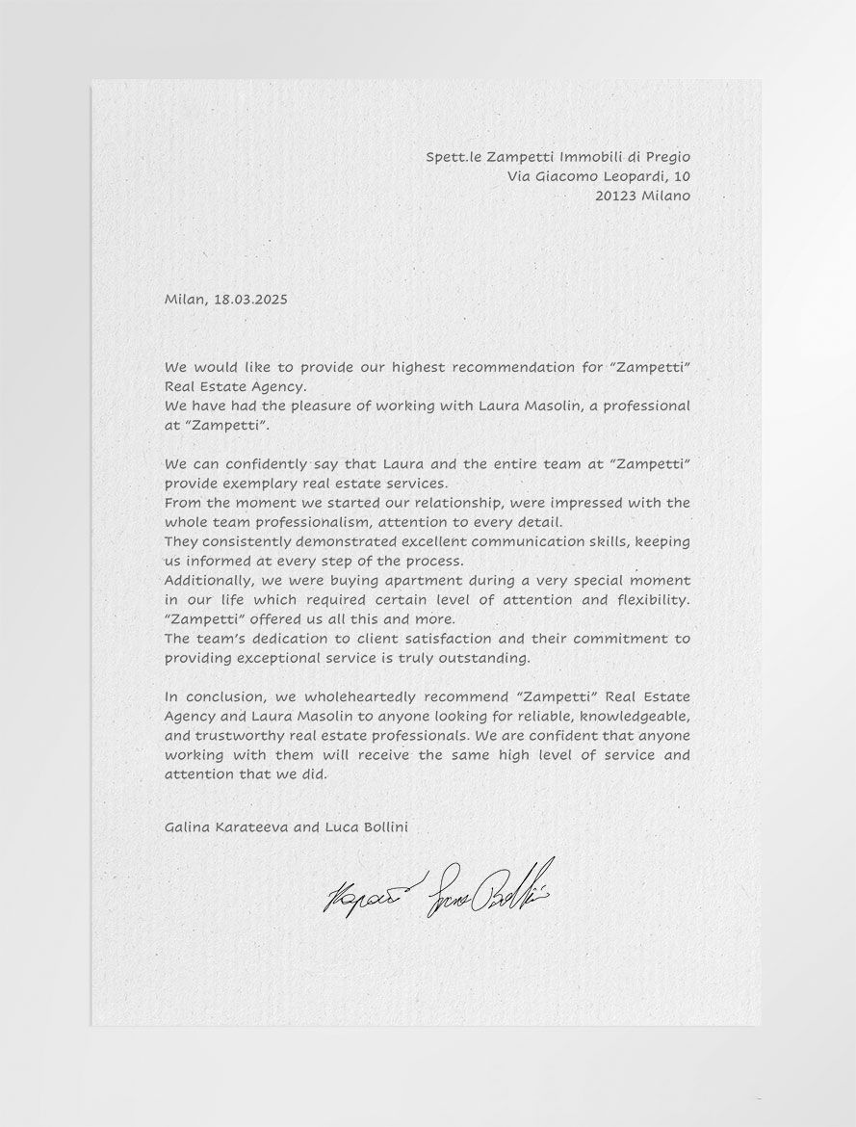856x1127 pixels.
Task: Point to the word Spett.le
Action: click(454, 157)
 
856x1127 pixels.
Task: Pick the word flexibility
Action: click(652, 600)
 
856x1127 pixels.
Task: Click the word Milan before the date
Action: click(185, 300)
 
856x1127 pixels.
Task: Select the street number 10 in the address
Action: click(682, 176)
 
